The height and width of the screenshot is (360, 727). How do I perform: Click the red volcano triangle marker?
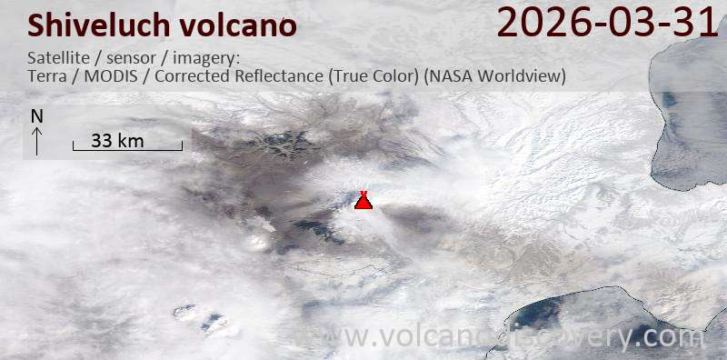pos(363,201)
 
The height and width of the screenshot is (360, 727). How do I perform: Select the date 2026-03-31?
pos(608,23)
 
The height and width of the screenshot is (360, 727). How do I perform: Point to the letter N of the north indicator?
pos(36,116)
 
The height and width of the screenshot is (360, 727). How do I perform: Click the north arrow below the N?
pos(36,141)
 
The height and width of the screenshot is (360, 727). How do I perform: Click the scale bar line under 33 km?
pos(127,149)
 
